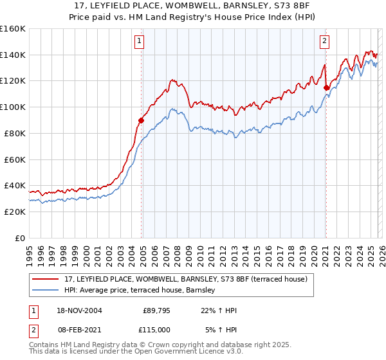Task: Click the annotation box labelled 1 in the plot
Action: (140, 41)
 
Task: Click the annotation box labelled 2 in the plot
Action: (324, 41)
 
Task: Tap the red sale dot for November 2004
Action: (142, 120)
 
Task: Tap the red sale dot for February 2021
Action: (326, 87)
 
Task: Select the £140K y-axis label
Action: (12, 55)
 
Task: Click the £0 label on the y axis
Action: (19, 238)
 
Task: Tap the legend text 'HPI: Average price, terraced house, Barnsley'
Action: (143, 291)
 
